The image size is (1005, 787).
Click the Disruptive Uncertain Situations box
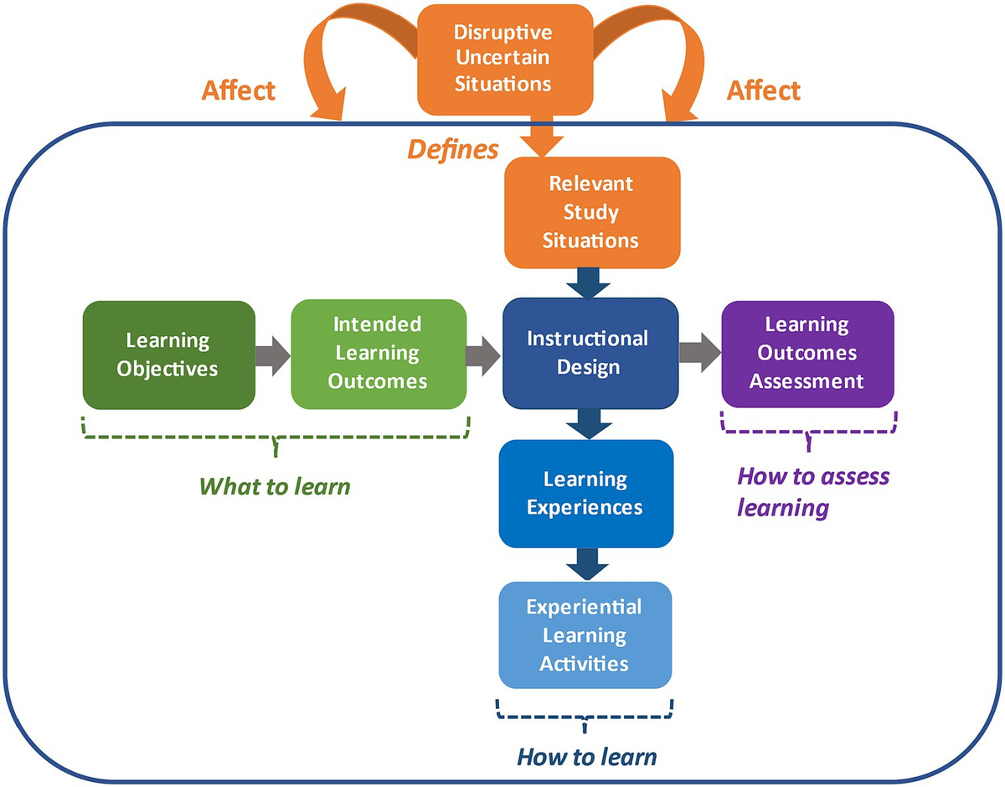502,59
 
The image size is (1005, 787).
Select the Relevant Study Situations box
590,213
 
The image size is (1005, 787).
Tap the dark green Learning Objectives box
167,355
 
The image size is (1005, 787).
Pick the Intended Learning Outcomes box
378,354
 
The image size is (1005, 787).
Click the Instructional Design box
590,353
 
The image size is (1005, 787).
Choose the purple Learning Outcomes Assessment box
807,354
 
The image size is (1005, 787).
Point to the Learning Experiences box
586,494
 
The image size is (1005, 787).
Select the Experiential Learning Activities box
585,634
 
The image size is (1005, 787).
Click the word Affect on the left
238,91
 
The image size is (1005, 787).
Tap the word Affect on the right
763,91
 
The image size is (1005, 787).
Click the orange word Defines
452,150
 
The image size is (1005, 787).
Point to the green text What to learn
274,485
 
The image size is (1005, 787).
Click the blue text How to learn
586,757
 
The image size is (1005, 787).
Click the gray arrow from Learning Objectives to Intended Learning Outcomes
273,355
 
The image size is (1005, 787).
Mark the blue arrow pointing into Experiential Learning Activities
587,564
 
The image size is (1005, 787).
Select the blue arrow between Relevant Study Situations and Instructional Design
590,283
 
